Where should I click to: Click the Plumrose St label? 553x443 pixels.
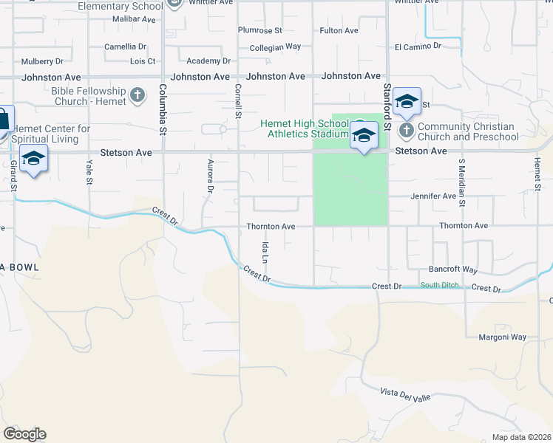tap(259, 30)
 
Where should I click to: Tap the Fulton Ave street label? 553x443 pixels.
tap(339, 30)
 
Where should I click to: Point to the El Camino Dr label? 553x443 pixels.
tap(418, 46)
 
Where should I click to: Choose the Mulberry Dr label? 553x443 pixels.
tap(43, 61)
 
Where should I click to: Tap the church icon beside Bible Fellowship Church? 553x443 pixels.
tap(137, 95)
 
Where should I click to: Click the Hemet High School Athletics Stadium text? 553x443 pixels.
tap(304, 128)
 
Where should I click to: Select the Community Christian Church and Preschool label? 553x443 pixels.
tap(468, 131)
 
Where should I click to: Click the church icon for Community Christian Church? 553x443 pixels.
tap(406, 131)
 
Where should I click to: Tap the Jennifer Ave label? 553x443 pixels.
tap(434, 196)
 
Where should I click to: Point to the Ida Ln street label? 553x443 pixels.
tap(264, 255)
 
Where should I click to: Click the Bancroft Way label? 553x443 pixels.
tap(453, 269)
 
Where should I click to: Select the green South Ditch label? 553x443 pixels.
tap(439, 286)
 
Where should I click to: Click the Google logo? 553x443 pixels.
tap(24, 434)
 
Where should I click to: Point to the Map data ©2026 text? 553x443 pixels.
tap(521, 437)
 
